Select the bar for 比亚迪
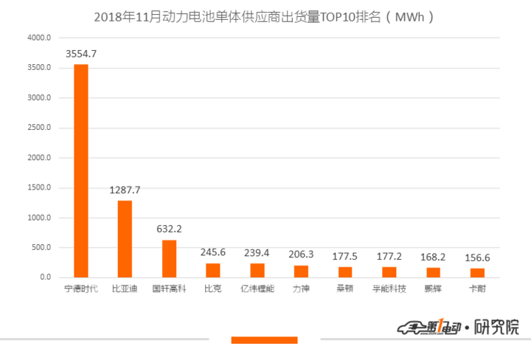[x=125, y=239]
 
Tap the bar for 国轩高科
[x=169, y=259]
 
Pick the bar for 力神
[x=301, y=271]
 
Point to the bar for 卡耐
[x=477, y=273]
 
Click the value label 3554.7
[x=81, y=54]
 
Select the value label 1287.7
[x=125, y=190]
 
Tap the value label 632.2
[x=169, y=229]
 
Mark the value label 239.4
[x=257, y=252]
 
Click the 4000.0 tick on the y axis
[x=39, y=38]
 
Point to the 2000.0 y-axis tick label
[x=39, y=158]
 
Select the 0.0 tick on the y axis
[x=45, y=277]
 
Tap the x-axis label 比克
[x=213, y=288]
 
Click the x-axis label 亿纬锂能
[x=257, y=288]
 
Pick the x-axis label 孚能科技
[x=389, y=288]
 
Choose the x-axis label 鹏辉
[x=434, y=288]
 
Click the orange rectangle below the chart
[x=264, y=340]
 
